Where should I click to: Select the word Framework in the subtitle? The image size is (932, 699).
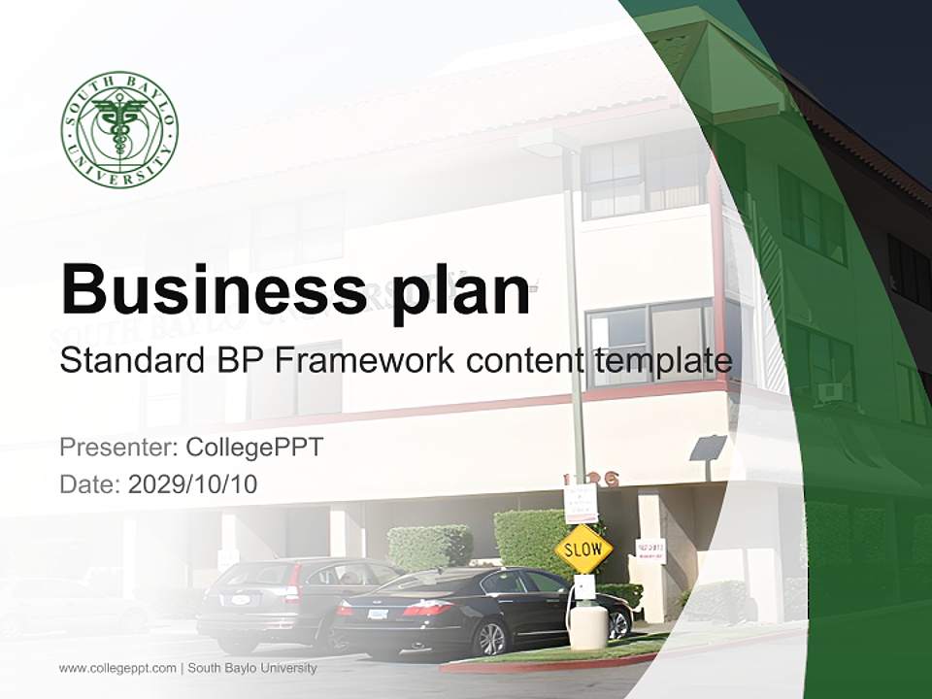coord(365,361)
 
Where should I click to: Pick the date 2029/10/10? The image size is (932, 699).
coord(192,483)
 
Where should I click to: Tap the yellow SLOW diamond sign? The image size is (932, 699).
coord(583,549)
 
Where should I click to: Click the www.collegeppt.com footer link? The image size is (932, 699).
coord(117,668)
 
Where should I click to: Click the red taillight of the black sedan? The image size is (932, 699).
coord(428,608)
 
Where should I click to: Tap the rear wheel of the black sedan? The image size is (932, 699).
coord(490,638)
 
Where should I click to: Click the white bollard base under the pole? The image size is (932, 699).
coord(588,626)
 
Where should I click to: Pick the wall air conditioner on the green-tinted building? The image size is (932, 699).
coord(830,392)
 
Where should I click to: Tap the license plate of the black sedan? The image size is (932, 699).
coord(378,614)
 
